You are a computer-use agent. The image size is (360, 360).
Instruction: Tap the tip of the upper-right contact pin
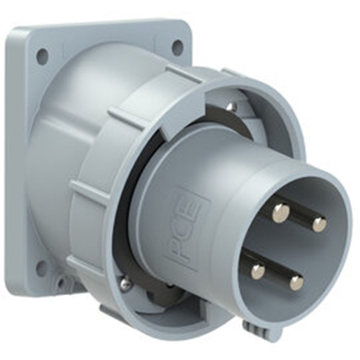(319, 224)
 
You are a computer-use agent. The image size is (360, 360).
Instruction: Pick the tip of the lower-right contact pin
(296, 283)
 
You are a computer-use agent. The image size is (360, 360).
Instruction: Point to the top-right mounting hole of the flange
(177, 48)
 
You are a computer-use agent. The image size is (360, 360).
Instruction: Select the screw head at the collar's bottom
(124, 283)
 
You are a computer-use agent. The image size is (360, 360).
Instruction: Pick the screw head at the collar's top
(229, 108)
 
